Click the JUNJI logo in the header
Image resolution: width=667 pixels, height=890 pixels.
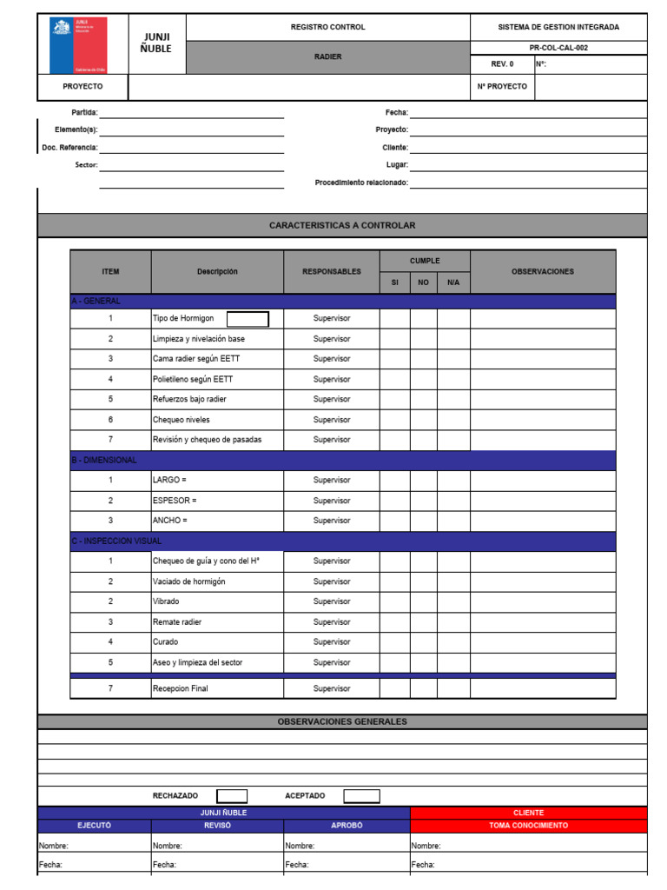pyautogui.click(x=78, y=44)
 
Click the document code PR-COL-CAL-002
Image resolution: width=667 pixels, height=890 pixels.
pyautogui.click(x=558, y=48)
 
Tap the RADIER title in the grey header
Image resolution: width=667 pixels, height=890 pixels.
pyautogui.click(x=327, y=56)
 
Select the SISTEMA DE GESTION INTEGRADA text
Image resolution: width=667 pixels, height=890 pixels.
pyautogui.click(x=558, y=27)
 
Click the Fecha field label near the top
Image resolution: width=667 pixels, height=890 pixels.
pyautogui.click(x=396, y=113)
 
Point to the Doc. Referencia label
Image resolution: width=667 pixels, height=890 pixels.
pyautogui.click(x=69, y=148)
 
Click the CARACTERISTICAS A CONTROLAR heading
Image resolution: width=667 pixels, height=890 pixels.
pyautogui.click(x=342, y=226)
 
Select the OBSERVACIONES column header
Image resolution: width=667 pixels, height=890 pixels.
pyautogui.click(x=543, y=272)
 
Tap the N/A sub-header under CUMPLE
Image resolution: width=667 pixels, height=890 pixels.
pyautogui.click(x=453, y=282)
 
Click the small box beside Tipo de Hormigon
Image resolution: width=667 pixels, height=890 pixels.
pyautogui.click(x=248, y=319)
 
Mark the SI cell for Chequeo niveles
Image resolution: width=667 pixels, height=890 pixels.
pyautogui.click(x=394, y=420)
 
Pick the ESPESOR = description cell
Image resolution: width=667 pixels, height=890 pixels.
pyautogui.click(x=217, y=501)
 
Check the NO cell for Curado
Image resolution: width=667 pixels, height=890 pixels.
pyautogui.click(x=423, y=642)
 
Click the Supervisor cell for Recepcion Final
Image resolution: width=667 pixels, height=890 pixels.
pyautogui.click(x=331, y=688)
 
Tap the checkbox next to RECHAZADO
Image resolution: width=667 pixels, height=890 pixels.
pyautogui.click(x=232, y=796)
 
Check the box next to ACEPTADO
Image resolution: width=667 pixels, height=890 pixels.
pyautogui.click(x=361, y=796)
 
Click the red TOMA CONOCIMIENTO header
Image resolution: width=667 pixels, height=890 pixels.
pyautogui.click(x=528, y=826)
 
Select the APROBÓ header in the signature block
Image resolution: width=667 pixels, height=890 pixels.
pyautogui.click(x=347, y=826)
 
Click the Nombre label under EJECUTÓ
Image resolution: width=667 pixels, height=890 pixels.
pyautogui.click(x=53, y=846)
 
